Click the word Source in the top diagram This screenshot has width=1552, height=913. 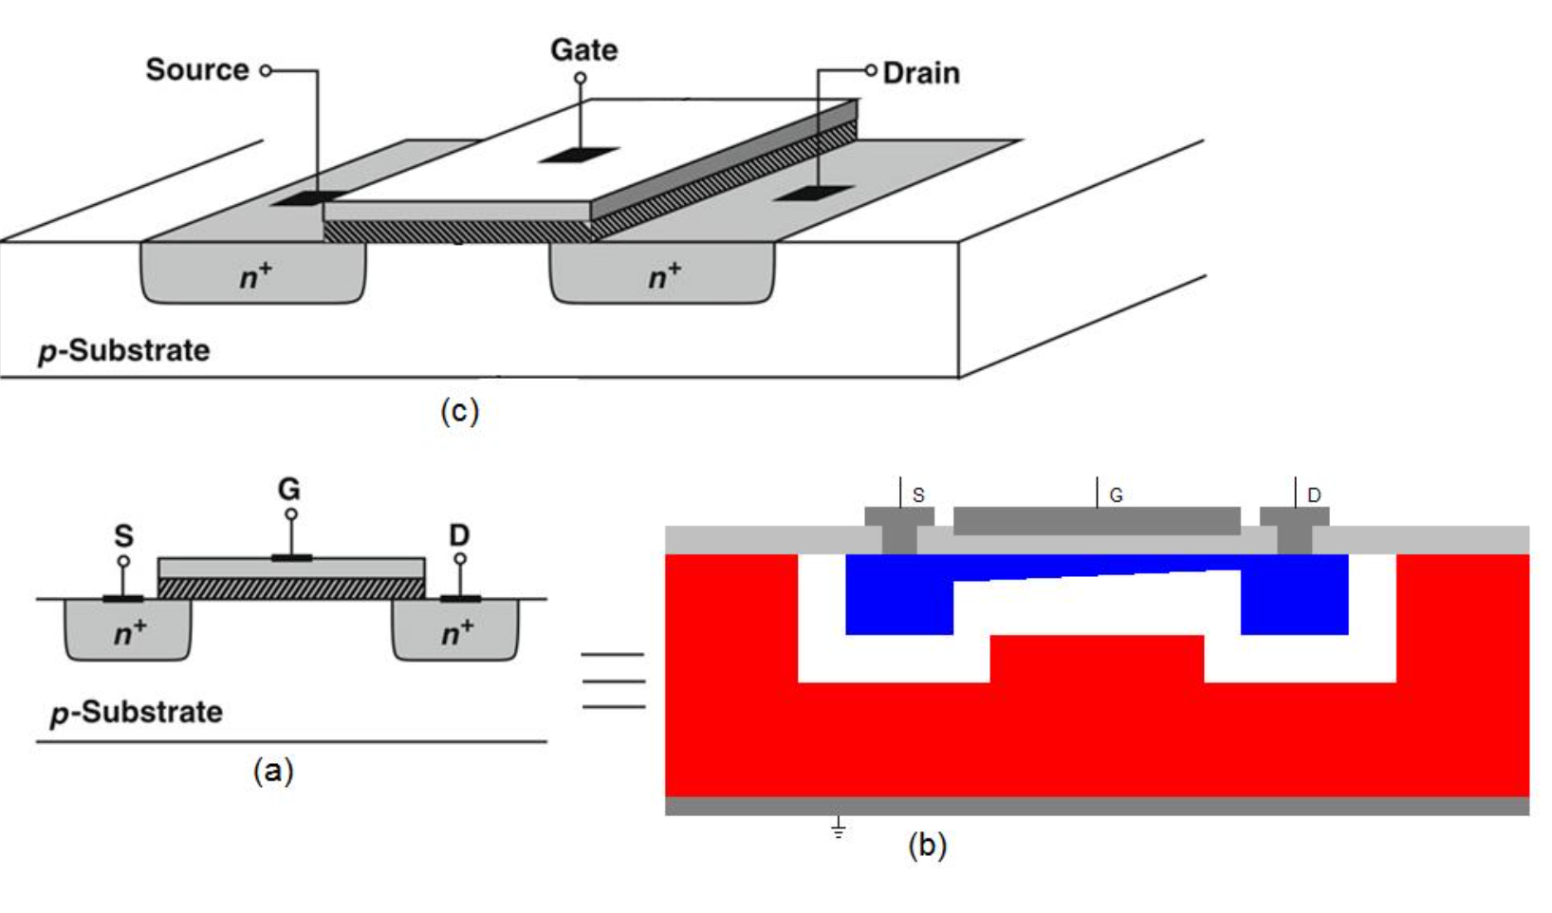point(197,70)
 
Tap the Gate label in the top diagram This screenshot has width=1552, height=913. point(584,50)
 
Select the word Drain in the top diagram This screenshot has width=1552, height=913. point(921,73)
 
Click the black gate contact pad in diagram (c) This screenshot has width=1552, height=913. point(580,155)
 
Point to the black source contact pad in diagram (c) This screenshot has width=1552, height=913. point(310,198)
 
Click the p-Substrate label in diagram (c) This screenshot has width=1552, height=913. point(124,351)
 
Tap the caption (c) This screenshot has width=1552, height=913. point(459,412)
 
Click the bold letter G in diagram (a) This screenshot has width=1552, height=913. point(289,490)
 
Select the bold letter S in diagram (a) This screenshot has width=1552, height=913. point(123,536)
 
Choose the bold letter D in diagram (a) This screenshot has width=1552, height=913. point(459,535)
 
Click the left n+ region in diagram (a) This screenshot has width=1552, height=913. point(128,629)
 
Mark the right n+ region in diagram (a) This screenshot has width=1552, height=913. point(455,629)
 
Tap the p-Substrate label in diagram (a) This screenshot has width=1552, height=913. point(137,713)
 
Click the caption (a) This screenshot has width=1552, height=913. point(273,771)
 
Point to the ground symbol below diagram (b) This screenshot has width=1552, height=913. point(839,828)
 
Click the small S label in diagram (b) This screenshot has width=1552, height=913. point(918,495)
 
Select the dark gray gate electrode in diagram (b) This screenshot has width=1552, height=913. point(1097,521)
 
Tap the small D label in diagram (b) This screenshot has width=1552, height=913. point(1314,495)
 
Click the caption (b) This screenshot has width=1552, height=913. point(927,846)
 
